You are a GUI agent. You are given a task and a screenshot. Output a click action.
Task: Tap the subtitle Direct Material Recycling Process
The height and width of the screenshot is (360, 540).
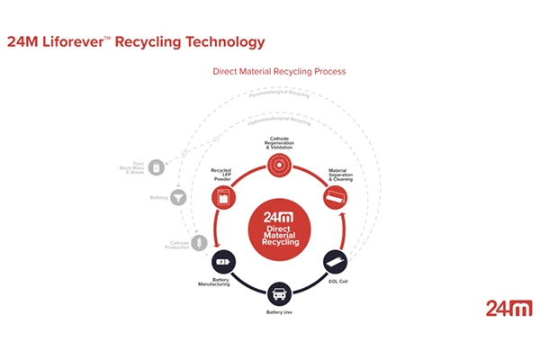click(279, 70)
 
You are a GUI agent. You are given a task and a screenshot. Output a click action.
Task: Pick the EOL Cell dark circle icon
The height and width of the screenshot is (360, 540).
click(337, 262)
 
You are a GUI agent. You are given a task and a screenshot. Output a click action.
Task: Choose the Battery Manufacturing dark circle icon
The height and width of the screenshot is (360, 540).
click(224, 262)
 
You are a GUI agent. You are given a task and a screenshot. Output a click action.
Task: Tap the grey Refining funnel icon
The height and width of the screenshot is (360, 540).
click(178, 196)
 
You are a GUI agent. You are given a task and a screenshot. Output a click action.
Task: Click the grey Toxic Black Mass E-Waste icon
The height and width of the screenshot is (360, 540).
click(157, 167)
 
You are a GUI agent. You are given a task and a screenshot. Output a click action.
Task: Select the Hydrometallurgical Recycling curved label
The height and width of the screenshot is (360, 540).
click(279, 120)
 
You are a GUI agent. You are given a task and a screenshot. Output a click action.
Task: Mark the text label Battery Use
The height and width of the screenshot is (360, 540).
click(280, 312)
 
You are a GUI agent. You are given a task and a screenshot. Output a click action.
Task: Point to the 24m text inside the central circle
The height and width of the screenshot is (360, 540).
click(279, 216)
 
